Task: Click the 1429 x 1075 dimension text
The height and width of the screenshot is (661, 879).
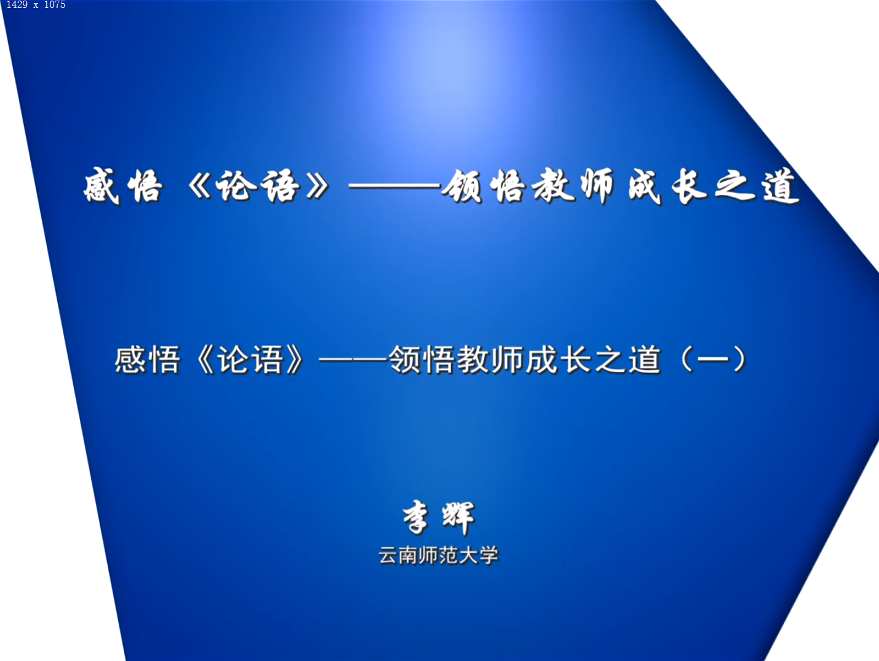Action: [36, 5]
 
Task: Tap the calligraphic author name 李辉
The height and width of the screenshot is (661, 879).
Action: [439, 517]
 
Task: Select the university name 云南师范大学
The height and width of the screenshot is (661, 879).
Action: [439, 555]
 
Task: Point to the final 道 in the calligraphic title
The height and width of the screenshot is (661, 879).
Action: [780, 186]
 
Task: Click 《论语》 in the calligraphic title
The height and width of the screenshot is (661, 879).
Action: [260, 186]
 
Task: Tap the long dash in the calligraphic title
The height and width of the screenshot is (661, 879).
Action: [395, 186]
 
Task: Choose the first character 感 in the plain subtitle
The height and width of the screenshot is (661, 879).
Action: [129, 360]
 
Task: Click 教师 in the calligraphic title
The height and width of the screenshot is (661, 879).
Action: [573, 186]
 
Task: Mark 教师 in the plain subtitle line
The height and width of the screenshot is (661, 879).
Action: [491, 360]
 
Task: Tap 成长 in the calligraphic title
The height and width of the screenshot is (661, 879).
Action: [668, 186]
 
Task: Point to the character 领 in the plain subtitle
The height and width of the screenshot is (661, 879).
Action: [405, 360]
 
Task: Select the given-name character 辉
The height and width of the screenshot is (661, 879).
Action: [459, 518]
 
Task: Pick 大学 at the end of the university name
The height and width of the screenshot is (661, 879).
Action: [479, 555]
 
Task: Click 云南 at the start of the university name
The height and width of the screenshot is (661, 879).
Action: [399, 555]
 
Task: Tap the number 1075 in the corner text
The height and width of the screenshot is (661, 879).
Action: [55, 5]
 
